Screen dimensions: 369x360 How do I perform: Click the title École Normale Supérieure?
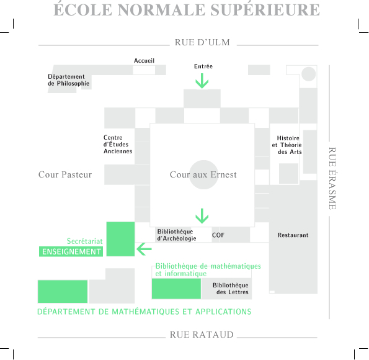[x=187, y=10]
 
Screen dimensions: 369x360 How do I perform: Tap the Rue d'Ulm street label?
[x=202, y=42]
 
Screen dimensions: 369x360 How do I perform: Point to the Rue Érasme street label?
[x=332, y=178]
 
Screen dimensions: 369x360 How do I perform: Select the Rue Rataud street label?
[x=202, y=335]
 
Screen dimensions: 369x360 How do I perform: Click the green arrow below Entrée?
[x=202, y=81]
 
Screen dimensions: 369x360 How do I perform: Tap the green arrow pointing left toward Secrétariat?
[x=144, y=249]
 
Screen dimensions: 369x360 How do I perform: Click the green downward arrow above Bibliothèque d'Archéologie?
[x=202, y=216]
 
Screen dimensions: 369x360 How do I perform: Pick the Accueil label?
[x=144, y=61]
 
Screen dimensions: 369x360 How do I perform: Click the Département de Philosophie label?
[x=68, y=80]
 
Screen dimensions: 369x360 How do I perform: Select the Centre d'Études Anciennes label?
[x=118, y=144]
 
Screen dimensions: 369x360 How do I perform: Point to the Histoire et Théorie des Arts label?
[x=287, y=145]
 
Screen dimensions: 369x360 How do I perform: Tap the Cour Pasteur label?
[x=65, y=174]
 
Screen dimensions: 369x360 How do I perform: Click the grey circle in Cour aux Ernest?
[x=204, y=174]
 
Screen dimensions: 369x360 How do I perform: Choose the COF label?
[x=218, y=235]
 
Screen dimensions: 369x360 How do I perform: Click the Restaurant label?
[x=293, y=235]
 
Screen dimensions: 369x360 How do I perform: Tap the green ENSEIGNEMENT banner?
[x=71, y=251]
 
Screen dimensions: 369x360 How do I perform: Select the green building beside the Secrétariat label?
[x=120, y=239]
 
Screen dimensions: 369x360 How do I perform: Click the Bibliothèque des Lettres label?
[x=230, y=289]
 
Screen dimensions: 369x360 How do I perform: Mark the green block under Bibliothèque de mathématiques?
[x=176, y=289]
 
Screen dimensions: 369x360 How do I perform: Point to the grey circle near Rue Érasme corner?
[x=308, y=74]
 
